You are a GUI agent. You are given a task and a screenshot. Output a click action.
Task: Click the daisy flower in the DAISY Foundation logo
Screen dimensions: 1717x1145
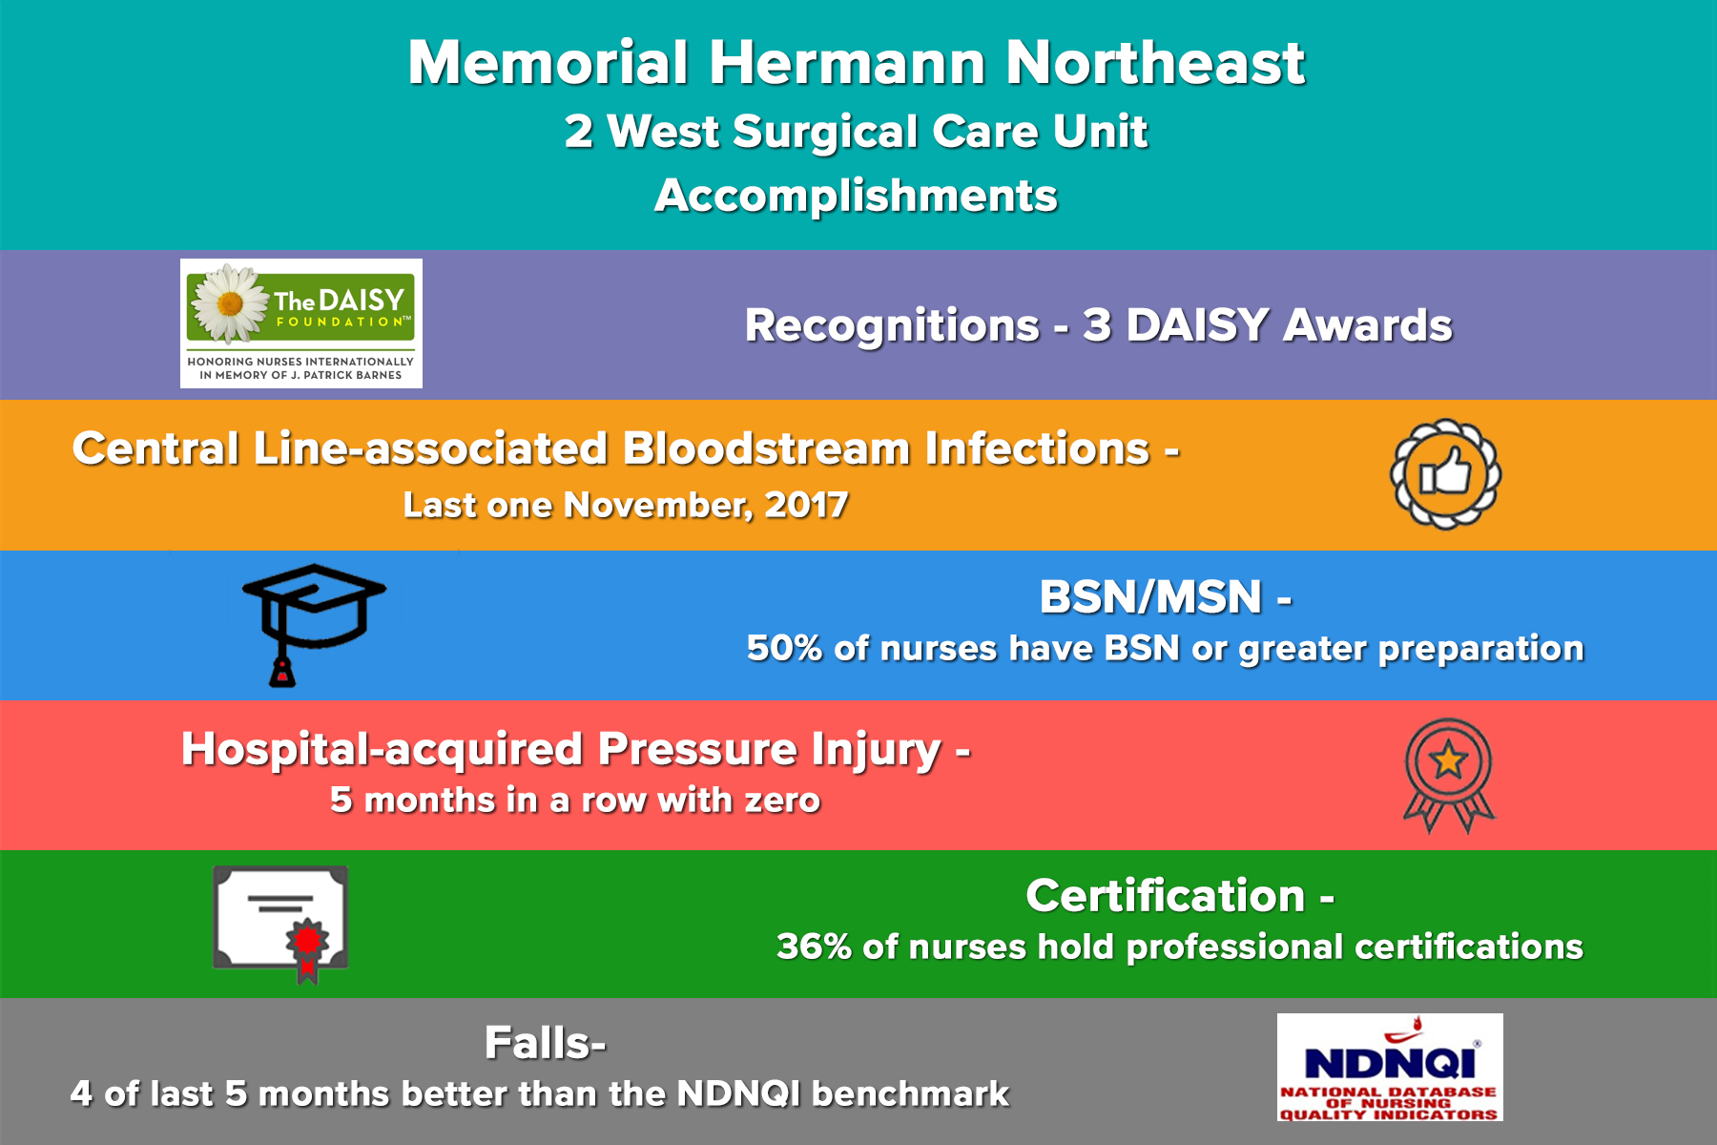click(230, 303)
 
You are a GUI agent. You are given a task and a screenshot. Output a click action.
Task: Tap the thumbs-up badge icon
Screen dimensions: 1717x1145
click(1445, 474)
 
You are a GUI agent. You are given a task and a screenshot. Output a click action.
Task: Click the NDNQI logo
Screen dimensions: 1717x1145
click(1390, 1067)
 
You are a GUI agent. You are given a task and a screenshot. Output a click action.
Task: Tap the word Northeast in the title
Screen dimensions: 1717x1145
click(1155, 63)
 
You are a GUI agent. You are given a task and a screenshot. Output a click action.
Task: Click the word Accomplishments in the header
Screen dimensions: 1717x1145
click(856, 197)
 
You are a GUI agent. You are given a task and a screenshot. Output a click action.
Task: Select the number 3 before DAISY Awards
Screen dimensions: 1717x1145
click(1097, 325)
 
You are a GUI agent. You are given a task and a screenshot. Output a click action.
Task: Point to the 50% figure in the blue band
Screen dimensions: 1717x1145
click(784, 648)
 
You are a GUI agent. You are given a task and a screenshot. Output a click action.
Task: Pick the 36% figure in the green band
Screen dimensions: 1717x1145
click(814, 947)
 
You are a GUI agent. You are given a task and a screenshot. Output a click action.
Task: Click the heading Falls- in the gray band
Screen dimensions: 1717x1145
click(545, 1042)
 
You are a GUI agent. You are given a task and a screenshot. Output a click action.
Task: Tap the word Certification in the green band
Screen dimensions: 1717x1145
click(1165, 896)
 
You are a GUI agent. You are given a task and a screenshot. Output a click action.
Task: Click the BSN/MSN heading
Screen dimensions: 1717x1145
click(1165, 597)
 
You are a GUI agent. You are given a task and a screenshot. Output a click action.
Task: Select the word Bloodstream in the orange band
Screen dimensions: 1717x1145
click(766, 448)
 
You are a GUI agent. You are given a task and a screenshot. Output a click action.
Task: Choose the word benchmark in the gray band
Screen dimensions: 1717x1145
click(910, 1093)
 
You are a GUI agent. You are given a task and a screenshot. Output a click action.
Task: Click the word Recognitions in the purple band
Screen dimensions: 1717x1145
click(892, 326)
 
